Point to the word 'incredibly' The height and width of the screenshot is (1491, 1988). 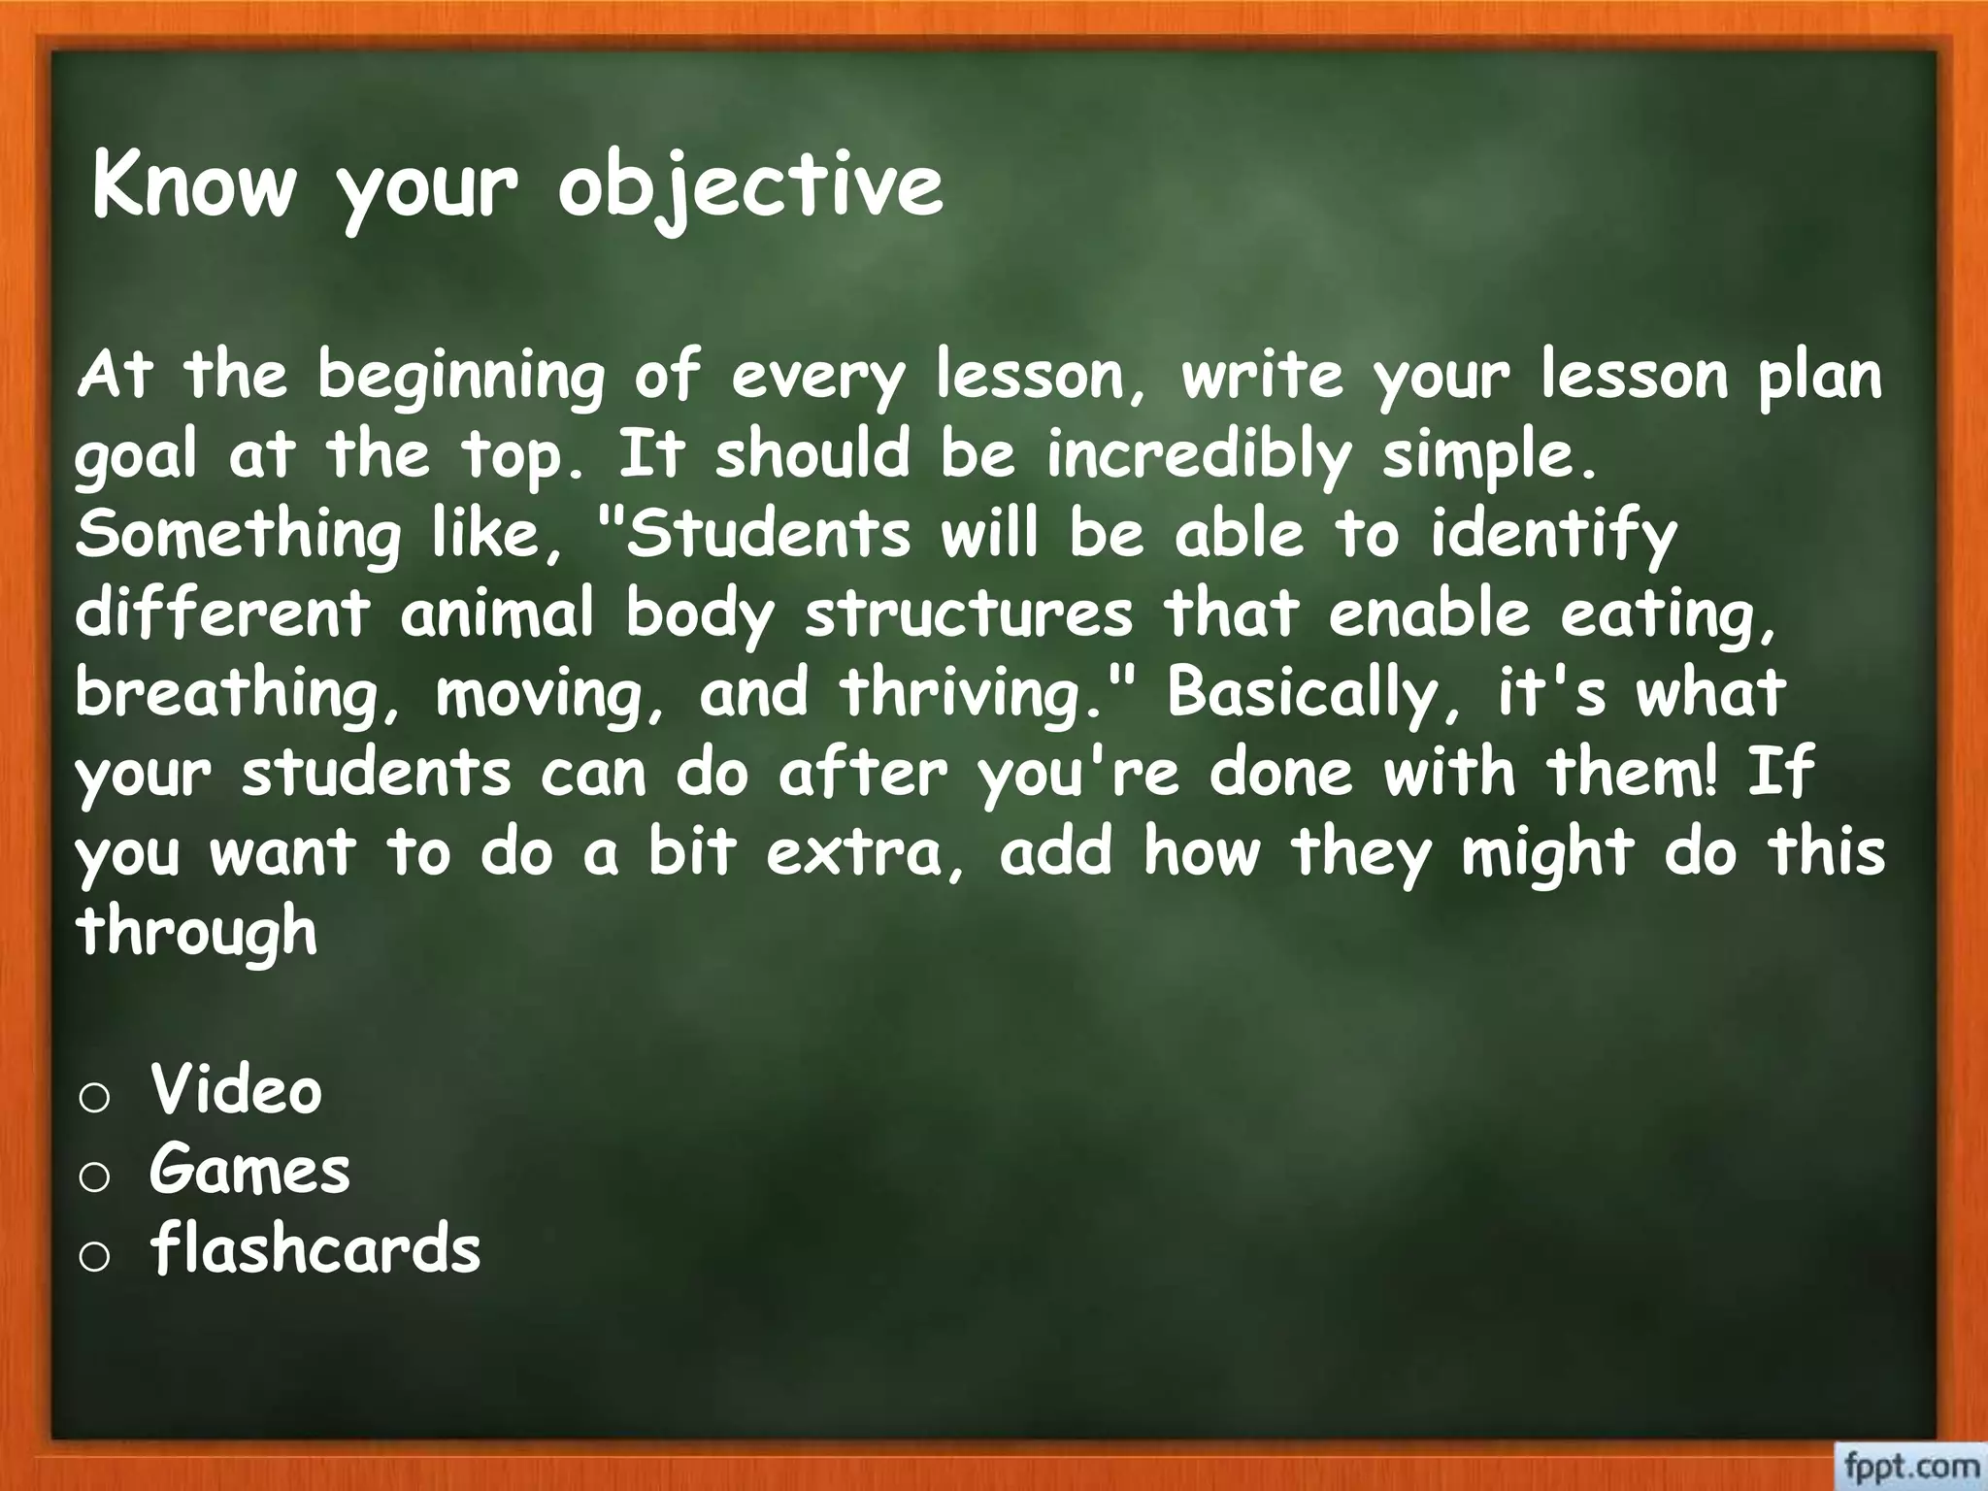click(x=1198, y=456)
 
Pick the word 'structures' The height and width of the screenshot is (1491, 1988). click(x=969, y=615)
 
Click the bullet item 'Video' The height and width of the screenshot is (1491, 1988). click(x=236, y=1090)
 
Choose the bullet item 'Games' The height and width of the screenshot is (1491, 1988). click(x=249, y=1170)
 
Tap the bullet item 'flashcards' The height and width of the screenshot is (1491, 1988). click(x=315, y=1248)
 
